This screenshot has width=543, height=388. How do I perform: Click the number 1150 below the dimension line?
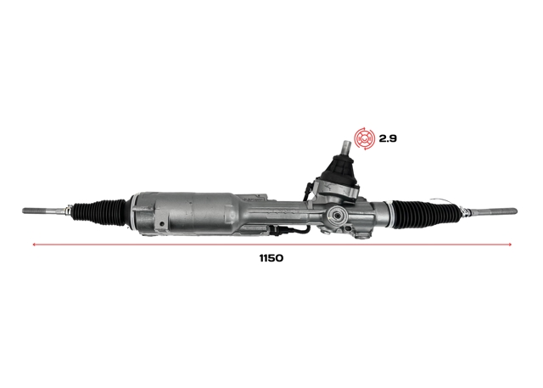pos(271,258)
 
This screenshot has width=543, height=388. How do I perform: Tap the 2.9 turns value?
pos(388,138)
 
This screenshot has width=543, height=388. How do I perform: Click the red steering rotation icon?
pos(364,138)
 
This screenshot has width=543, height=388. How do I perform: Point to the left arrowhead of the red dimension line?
pos(34,245)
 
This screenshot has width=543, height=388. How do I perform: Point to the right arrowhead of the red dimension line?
pos(510,245)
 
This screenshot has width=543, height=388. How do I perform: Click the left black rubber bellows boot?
pos(99,211)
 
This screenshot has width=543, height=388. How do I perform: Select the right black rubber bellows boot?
pos(427,211)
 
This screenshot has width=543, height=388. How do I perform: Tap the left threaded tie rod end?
pos(44,211)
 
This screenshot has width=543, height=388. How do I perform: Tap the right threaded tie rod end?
pos(492,211)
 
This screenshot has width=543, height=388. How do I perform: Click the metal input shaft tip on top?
pos(347,149)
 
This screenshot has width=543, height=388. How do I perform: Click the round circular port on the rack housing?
pos(337,216)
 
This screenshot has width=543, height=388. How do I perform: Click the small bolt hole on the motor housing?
pos(161,224)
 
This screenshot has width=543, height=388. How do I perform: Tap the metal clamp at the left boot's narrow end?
pos(68,211)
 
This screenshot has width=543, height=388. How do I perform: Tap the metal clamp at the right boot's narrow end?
pos(464,211)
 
